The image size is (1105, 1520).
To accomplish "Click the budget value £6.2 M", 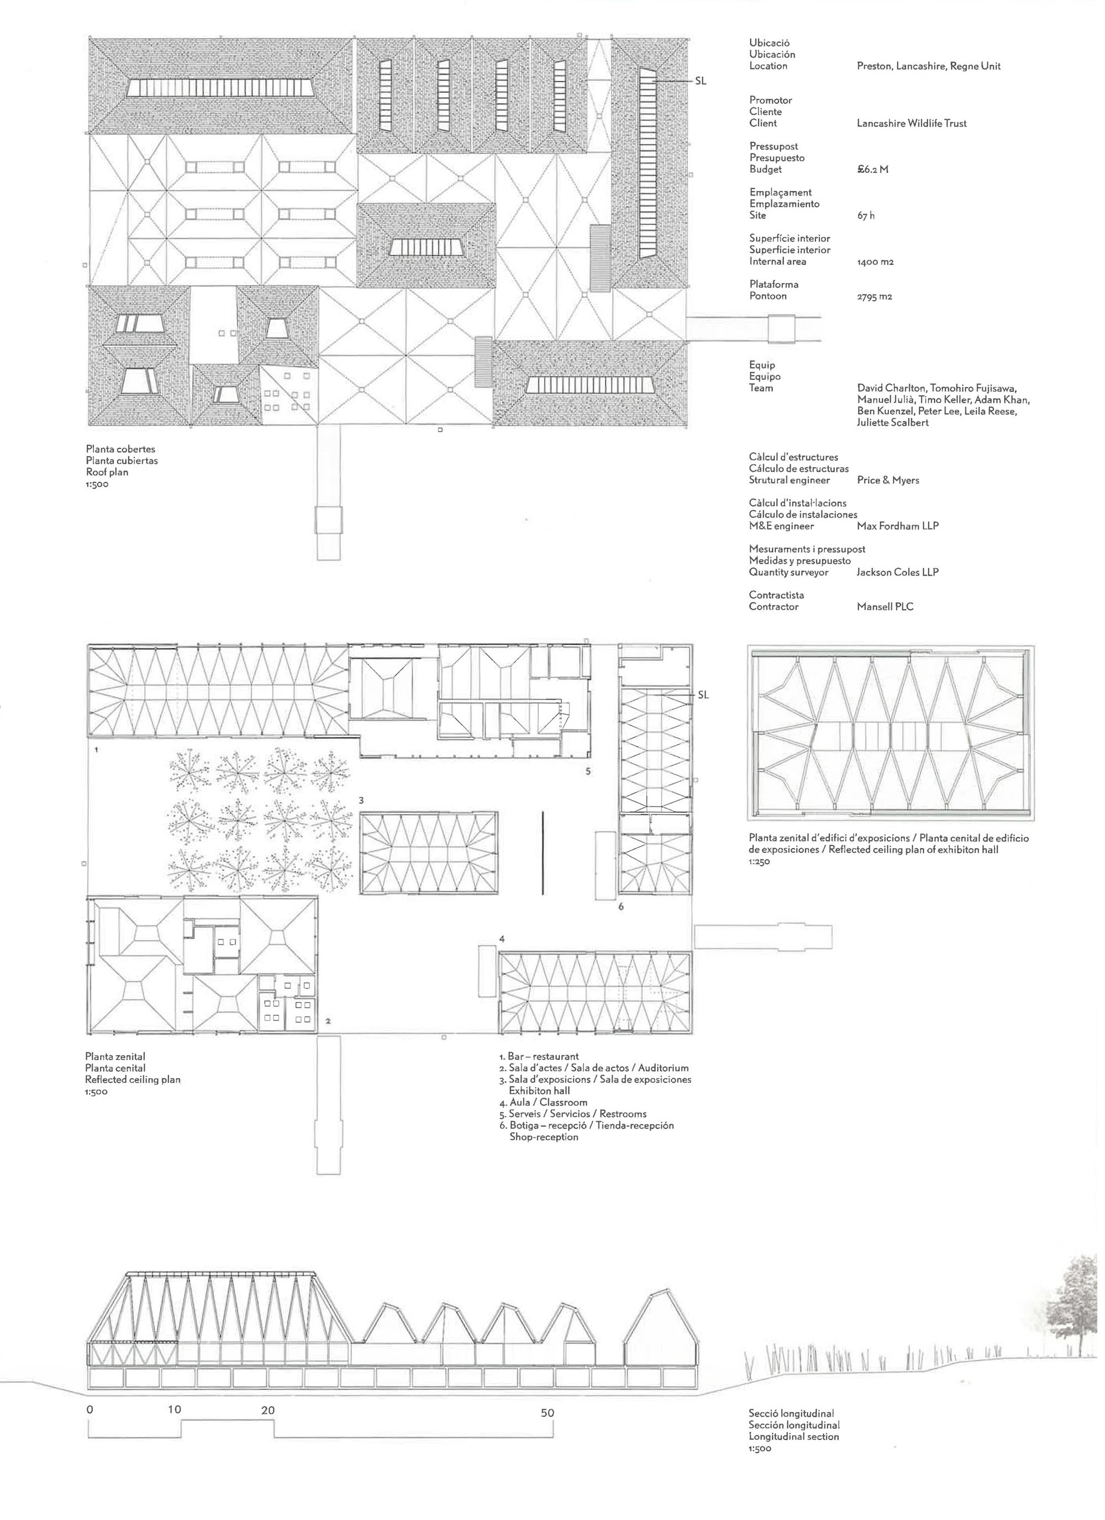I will pos(872,170).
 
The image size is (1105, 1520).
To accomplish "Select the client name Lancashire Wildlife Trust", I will pos(911,123).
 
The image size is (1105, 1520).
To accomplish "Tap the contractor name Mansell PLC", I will pos(885,607).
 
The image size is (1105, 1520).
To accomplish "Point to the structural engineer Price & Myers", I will pos(888,480).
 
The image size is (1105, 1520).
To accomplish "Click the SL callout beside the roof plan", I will pos(700,81).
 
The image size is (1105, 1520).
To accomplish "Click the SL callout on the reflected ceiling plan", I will pos(703,695).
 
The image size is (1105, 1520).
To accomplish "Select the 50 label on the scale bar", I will pos(547,1413).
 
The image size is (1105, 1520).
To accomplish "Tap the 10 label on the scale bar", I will pos(175,1410).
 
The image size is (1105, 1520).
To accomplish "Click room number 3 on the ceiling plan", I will pos(361,800).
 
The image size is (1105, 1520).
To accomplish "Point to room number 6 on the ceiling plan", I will pos(621,907).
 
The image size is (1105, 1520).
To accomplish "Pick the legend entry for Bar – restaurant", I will pos(543,1057).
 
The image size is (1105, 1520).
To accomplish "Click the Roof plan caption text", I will pos(106,472).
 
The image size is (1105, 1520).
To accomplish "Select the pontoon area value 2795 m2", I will pos(875,296).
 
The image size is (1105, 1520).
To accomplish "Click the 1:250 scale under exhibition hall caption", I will pos(759,862).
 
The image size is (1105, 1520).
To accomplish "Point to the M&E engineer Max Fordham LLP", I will pos(897,526).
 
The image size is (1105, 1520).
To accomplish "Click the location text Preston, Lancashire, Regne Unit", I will pos(928,66).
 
